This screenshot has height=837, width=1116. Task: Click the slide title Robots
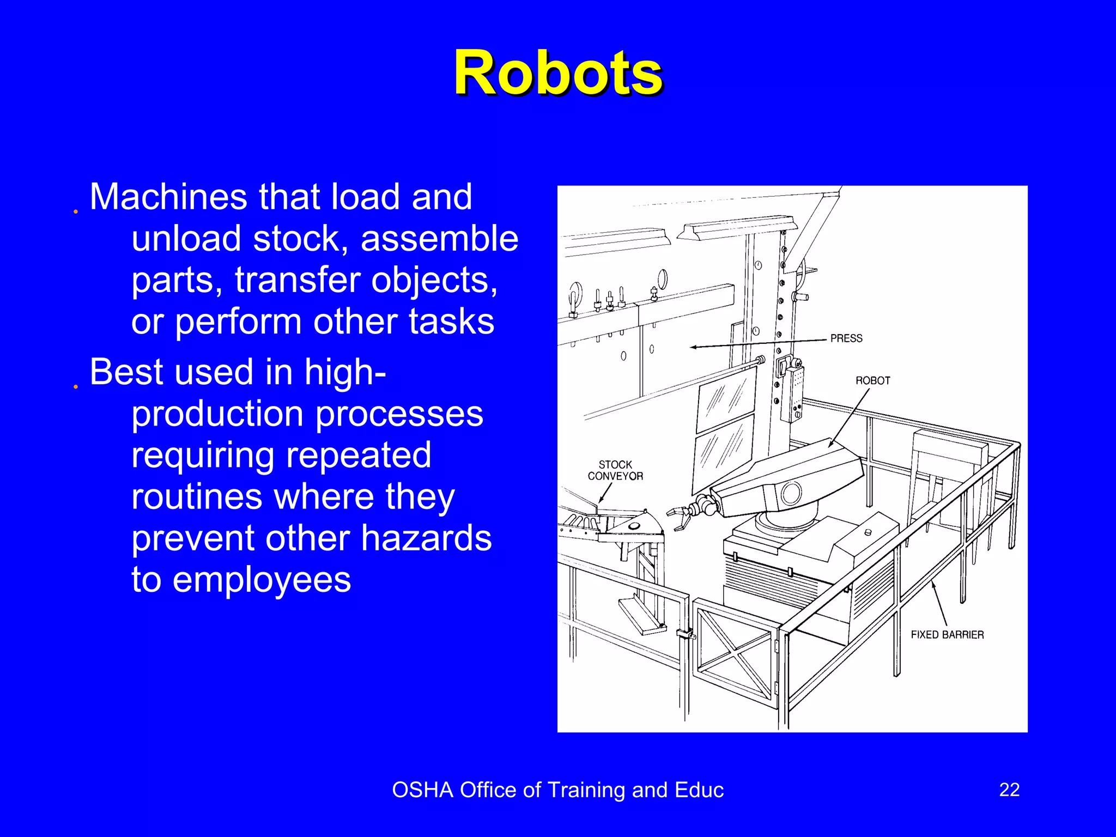pyautogui.click(x=558, y=73)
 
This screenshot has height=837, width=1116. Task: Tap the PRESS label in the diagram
pyautogui.click(x=846, y=338)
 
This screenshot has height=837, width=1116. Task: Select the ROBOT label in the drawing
pyautogui.click(x=872, y=380)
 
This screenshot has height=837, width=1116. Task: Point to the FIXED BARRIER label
pyautogui.click(x=947, y=635)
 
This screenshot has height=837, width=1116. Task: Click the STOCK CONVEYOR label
pyautogui.click(x=615, y=470)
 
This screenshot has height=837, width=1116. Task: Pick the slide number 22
pyautogui.click(x=1009, y=790)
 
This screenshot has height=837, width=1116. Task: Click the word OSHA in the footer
pyautogui.click(x=422, y=790)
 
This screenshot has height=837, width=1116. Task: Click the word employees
pyautogui.click(x=262, y=579)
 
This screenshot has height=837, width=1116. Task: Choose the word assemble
pyautogui.click(x=439, y=238)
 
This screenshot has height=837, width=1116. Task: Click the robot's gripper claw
pyautogui.click(x=681, y=517)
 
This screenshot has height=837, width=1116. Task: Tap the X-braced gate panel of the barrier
pyautogui.click(x=735, y=648)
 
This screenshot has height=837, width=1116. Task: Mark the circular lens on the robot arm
pyautogui.click(x=791, y=494)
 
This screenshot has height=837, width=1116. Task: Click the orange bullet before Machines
pyautogui.click(x=76, y=211)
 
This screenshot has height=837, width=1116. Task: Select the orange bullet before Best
pyautogui.click(x=76, y=387)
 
